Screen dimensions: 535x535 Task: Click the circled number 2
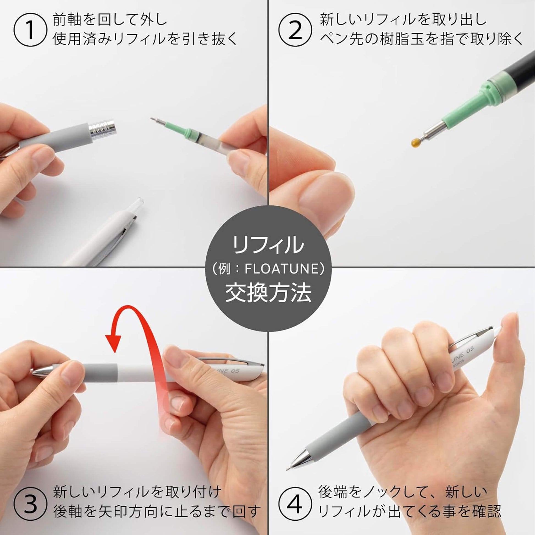[295, 31]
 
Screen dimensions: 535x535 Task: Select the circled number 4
[295, 504]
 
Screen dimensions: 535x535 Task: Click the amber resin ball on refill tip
[415, 142]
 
